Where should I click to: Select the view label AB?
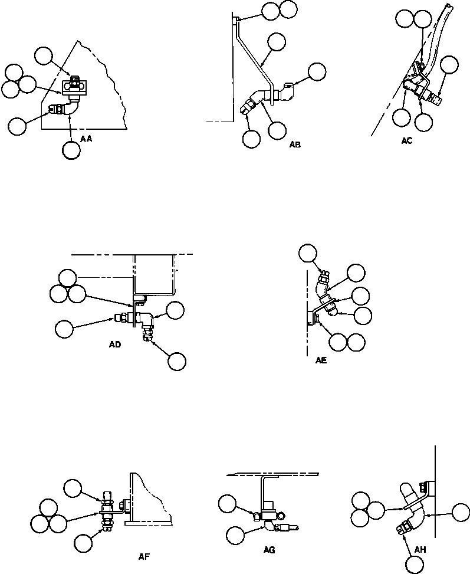pyautogui.click(x=295, y=144)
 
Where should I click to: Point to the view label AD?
pyautogui.click(x=115, y=345)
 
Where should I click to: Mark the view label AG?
pyautogui.click(x=269, y=549)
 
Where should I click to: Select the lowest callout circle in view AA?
pyautogui.click(x=71, y=150)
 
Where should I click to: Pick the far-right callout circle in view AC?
pyautogui.click(x=450, y=64)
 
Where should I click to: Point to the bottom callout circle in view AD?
pyautogui.click(x=176, y=362)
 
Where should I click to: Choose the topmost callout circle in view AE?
pyautogui.click(x=307, y=254)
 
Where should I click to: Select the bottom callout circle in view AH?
pyautogui.click(x=415, y=565)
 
